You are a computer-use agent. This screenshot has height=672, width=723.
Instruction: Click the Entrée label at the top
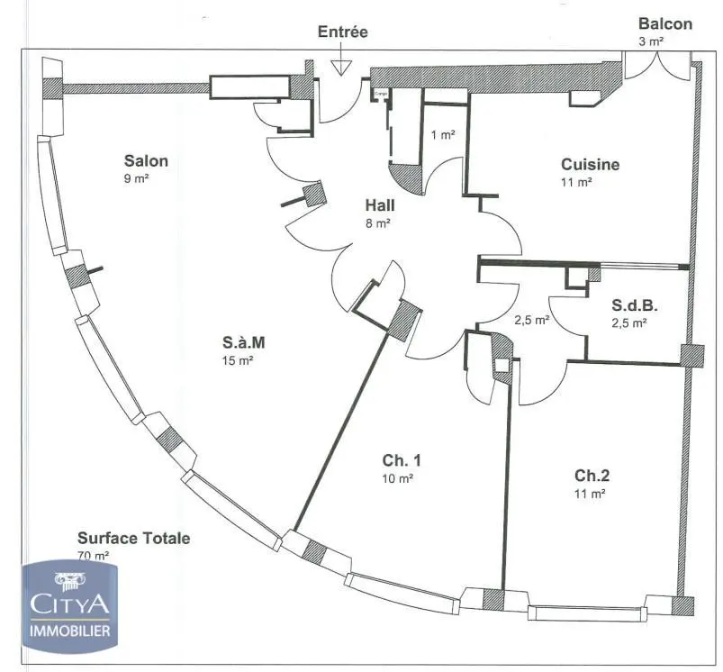(342, 32)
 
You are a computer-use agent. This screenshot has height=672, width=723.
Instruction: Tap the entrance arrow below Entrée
(341, 66)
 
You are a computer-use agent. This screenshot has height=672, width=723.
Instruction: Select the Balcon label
(665, 23)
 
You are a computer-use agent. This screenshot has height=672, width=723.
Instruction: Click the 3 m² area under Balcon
(650, 41)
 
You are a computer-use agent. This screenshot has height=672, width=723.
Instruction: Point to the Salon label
(146, 161)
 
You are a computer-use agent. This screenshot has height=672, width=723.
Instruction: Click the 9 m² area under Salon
(137, 178)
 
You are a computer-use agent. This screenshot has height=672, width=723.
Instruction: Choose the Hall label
(379, 205)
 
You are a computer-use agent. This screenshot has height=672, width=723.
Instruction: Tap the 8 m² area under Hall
(378, 222)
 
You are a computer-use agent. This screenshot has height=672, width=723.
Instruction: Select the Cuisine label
(590, 164)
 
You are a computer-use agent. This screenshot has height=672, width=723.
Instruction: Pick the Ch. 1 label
(402, 460)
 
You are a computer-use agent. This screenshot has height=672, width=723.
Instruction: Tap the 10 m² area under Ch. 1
(397, 478)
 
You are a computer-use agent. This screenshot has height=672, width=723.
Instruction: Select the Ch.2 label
(593, 475)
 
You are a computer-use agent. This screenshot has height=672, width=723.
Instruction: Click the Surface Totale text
(133, 538)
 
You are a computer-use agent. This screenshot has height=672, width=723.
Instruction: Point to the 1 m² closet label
(442, 135)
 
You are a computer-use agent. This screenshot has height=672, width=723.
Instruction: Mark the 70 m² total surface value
(94, 556)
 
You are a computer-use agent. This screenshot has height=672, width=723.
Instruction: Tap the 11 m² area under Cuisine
(576, 181)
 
